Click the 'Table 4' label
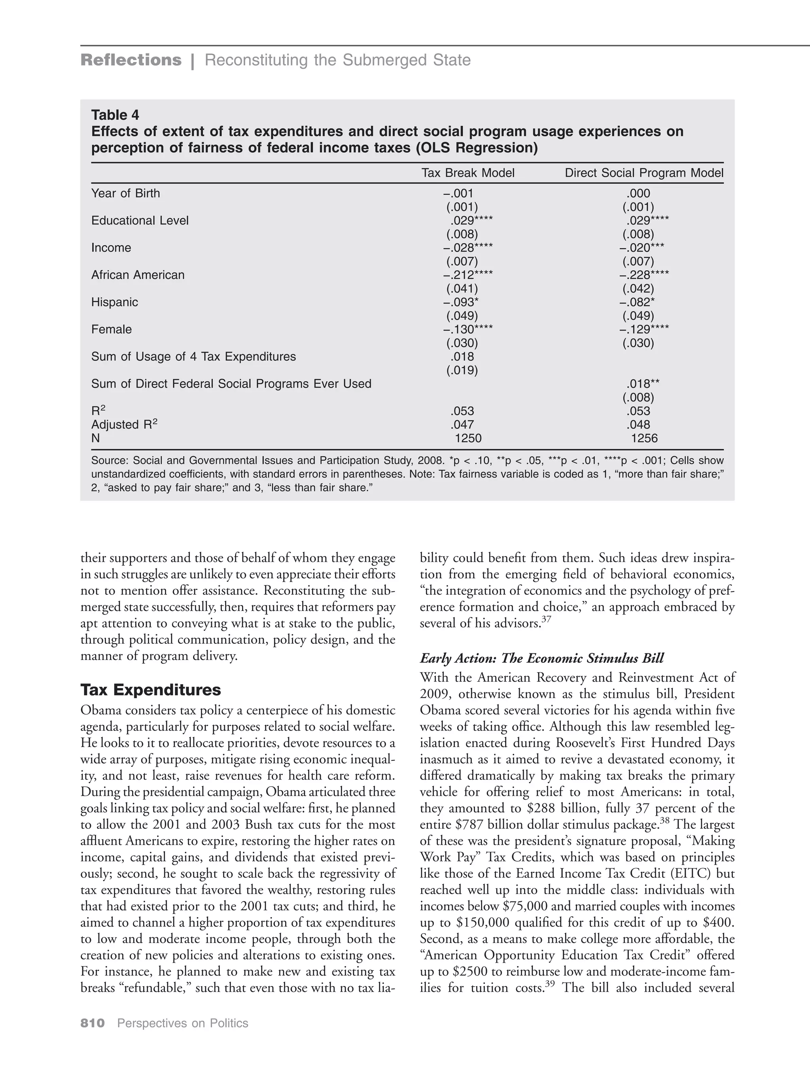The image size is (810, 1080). pos(115,115)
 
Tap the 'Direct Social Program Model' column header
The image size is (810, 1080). pos(643,173)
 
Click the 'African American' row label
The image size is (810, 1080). pos(138,275)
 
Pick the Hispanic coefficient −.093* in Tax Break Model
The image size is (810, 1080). pos(460,302)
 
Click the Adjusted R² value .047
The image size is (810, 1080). pos(462,425)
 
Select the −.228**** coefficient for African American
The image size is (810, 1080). pos(643,275)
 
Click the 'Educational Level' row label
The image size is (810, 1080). pos(140,221)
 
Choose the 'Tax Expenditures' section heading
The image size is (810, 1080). pos(150,690)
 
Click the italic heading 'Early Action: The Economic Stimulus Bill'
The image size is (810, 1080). pos(541,659)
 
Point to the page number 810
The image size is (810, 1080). pos(93,1023)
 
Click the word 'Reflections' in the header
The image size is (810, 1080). pos(131,60)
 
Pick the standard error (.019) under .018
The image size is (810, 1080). pos(462,371)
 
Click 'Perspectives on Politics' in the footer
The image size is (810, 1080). pos(183,1023)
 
